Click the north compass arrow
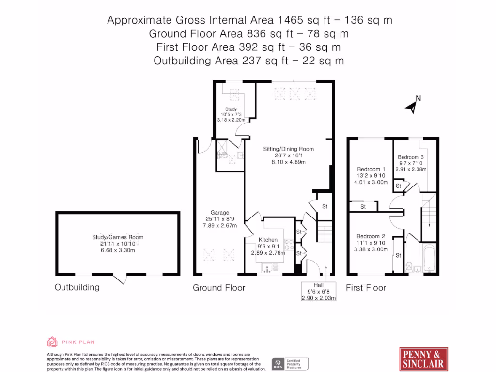click(x=413, y=105)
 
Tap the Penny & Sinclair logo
click(x=424, y=358)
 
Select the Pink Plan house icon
click(x=52, y=342)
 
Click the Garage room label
click(x=219, y=213)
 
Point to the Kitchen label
click(x=268, y=240)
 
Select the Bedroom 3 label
click(x=411, y=157)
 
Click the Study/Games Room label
click(x=118, y=237)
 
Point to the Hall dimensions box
click(x=318, y=292)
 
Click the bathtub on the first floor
click(x=430, y=260)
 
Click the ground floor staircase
click(x=325, y=232)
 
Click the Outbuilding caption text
click(x=77, y=287)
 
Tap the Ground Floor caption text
click(x=219, y=288)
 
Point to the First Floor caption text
click(x=366, y=288)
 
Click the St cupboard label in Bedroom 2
click(x=398, y=255)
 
